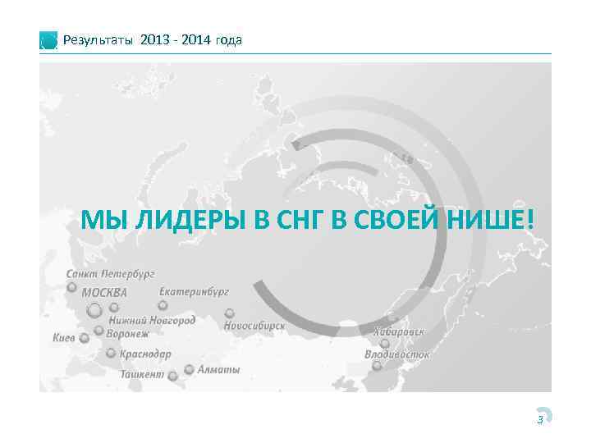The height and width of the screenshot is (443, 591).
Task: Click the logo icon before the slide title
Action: (x=49, y=41)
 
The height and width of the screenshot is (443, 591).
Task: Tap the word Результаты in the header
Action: (x=99, y=40)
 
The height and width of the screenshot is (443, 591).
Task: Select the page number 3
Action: (x=539, y=420)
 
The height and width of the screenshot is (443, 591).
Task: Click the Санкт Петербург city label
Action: (x=110, y=273)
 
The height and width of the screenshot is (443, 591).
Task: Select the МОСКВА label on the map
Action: (x=104, y=293)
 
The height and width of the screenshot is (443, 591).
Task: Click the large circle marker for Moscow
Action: (x=94, y=310)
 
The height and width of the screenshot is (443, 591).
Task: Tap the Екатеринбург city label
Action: (x=194, y=291)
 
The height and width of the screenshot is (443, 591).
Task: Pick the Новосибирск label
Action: (x=254, y=326)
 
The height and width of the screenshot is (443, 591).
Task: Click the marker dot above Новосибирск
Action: (x=229, y=313)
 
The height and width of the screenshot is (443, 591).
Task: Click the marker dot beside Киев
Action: (x=84, y=337)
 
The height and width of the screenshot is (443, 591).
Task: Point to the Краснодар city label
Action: (x=145, y=354)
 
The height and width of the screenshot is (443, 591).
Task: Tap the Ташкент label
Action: (x=142, y=374)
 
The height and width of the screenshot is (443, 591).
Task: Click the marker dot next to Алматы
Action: (x=190, y=370)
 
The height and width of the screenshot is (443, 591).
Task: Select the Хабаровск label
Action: (x=399, y=332)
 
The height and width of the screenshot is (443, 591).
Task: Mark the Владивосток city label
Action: (x=397, y=354)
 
